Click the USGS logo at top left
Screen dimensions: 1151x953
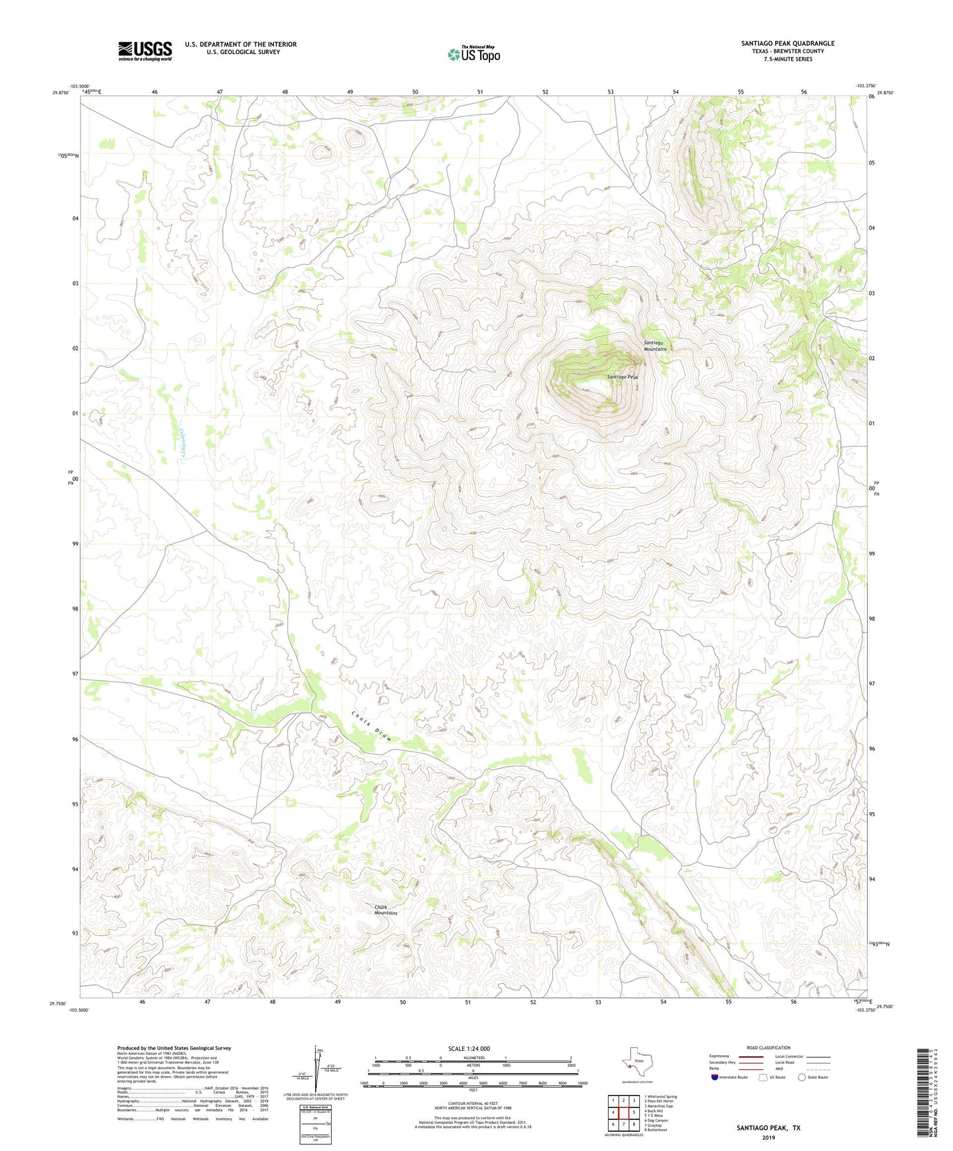pyautogui.click(x=145, y=51)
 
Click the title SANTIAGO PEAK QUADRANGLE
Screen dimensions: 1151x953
pyautogui.click(x=787, y=44)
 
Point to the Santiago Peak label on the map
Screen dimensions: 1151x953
pyautogui.click(x=623, y=377)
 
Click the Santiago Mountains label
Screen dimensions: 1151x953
pyautogui.click(x=655, y=346)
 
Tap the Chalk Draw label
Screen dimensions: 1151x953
pyautogui.click(x=371, y=726)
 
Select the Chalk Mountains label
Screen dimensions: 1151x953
pyautogui.click(x=386, y=910)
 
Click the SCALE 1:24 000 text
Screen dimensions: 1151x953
pyautogui.click(x=469, y=1049)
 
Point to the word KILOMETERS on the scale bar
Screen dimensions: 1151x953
pyautogui.click(x=474, y=1058)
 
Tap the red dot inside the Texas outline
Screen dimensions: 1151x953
pyautogui.click(x=630, y=1065)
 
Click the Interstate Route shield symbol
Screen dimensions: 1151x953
pyautogui.click(x=714, y=1077)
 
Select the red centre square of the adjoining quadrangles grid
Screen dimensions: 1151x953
pyautogui.click(x=623, y=1112)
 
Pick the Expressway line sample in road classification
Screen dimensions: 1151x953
pyautogui.click(x=751, y=1056)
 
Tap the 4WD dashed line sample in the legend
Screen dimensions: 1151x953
pyautogui.click(x=818, y=1069)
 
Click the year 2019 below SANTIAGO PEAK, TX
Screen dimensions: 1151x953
pyautogui.click(x=768, y=1137)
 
